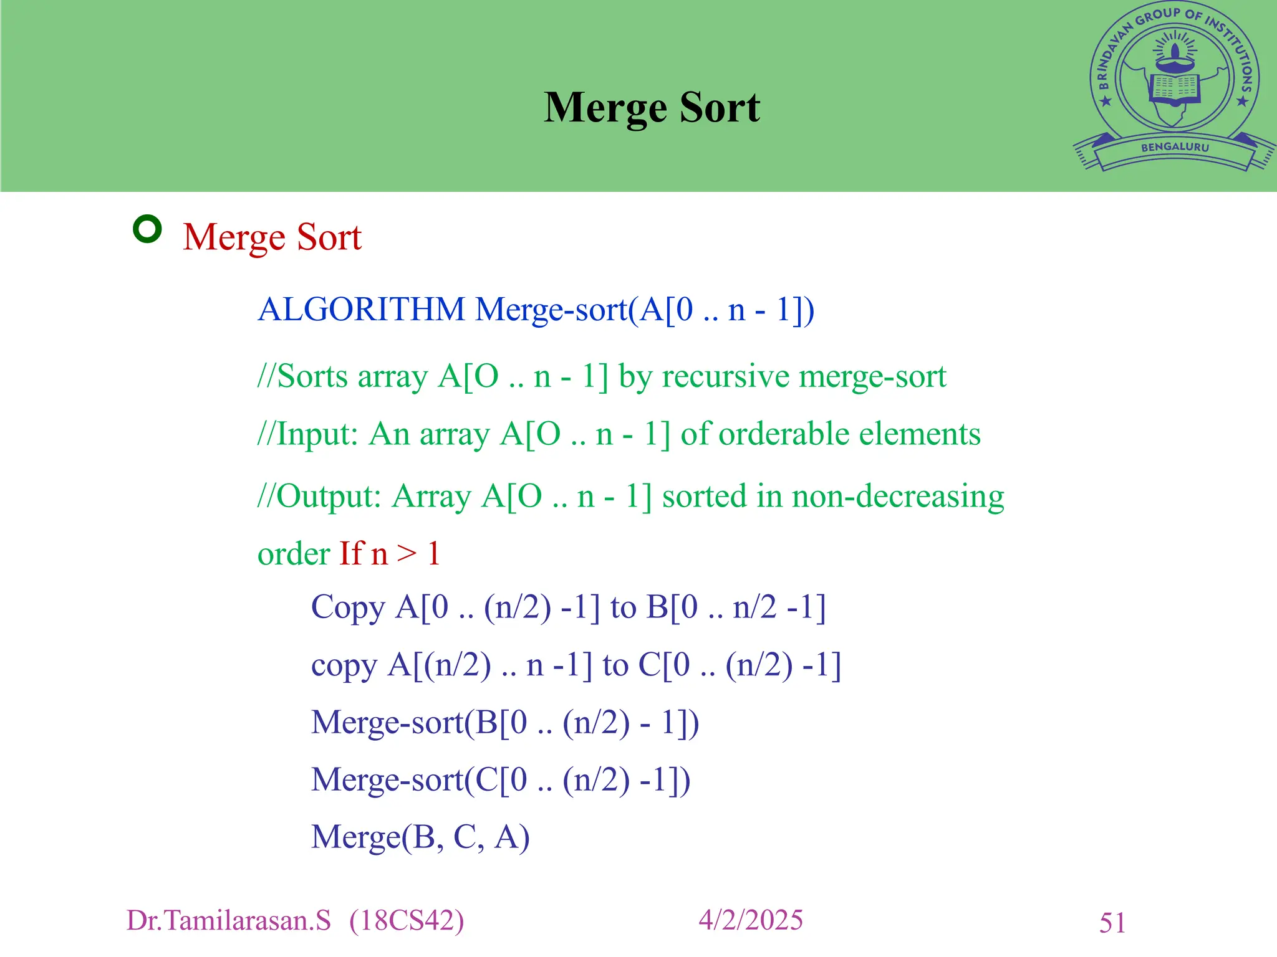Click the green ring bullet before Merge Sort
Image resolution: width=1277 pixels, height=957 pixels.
point(147,229)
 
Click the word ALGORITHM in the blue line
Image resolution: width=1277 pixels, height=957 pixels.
point(362,310)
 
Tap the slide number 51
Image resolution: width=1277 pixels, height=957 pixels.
point(1112,923)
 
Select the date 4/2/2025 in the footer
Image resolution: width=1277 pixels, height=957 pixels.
point(751,920)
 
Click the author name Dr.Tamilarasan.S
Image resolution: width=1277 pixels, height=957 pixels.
point(229,921)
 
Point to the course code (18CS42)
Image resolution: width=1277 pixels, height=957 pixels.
point(407,921)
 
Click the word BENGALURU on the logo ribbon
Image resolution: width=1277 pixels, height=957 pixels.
point(1175,148)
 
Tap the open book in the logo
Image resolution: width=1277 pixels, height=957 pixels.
point(1175,88)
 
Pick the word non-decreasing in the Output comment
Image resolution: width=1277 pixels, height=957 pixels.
point(898,497)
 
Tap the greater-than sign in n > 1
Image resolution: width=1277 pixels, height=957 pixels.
point(407,553)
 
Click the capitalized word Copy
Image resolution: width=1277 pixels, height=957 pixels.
point(348,607)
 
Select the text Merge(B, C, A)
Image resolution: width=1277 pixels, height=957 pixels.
point(420,837)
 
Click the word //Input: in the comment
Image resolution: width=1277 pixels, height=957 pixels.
point(308,434)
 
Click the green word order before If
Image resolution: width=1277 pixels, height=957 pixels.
point(294,554)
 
